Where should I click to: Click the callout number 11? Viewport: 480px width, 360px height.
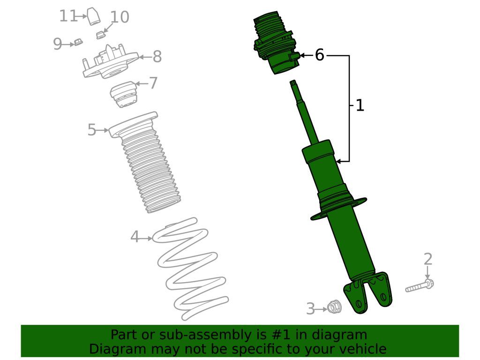tap(68, 16)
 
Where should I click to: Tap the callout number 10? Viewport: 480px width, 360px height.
tap(120, 17)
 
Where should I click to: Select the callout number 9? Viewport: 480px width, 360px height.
tap(57, 44)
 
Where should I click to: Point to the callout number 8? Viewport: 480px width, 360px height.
tap(157, 57)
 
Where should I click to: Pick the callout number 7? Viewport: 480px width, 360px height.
tap(153, 83)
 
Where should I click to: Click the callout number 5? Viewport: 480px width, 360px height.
tap(92, 130)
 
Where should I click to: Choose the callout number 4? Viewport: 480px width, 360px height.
tap(135, 237)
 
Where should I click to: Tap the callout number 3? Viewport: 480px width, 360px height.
tap(310, 309)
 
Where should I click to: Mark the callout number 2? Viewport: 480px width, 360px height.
tap(427, 259)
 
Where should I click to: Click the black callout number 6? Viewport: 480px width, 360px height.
tap(319, 55)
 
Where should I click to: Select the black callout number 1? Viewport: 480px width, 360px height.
tap(360, 105)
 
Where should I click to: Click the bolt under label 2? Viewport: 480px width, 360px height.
tap(420, 286)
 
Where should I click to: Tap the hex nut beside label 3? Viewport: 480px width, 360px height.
tap(334, 307)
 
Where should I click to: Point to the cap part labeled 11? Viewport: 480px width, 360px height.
tap(94, 16)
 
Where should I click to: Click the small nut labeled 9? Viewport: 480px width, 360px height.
tap(78, 42)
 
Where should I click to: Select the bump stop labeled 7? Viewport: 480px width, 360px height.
tap(124, 94)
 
